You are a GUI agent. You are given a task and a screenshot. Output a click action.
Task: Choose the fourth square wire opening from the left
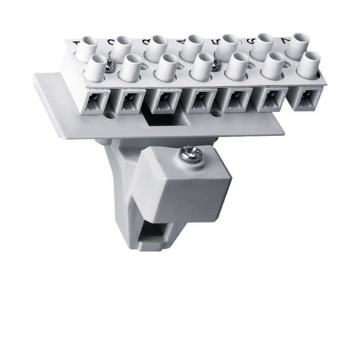pos(199,99)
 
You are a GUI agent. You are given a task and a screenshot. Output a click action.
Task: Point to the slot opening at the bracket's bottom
pos(152,232)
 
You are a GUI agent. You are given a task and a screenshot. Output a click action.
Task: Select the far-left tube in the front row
pos(95,67)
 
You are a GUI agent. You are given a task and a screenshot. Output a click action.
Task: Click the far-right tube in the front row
pos(308,64)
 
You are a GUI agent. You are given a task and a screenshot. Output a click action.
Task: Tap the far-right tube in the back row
pos(297,46)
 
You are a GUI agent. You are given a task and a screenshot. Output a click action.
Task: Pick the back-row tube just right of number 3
pos(157,47)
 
